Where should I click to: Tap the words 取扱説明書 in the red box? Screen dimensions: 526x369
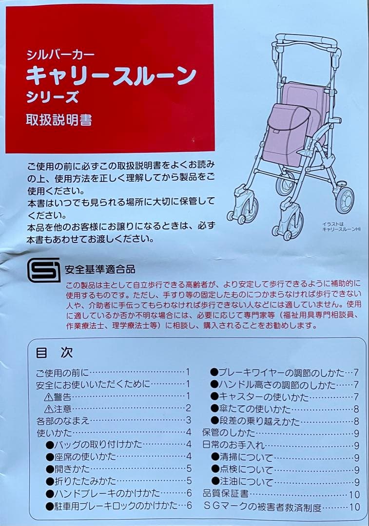pyautogui.click(x=59, y=120)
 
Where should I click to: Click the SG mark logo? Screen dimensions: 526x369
pyautogui.click(x=43, y=269)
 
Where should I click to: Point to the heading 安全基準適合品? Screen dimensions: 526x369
pyautogui.click(x=99, y=269)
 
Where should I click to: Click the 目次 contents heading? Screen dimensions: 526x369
pyautogui.click(x=54, y=353)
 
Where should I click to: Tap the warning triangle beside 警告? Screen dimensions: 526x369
pyautogui.click(x=48, y=396)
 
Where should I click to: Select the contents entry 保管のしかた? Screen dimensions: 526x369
pyautogui.click(x=229, y=433)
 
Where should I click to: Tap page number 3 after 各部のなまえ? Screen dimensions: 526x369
pyautogui.click(x=188, y=420)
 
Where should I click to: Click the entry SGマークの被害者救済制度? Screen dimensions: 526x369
pyautogui.click(x=262, y=507)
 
